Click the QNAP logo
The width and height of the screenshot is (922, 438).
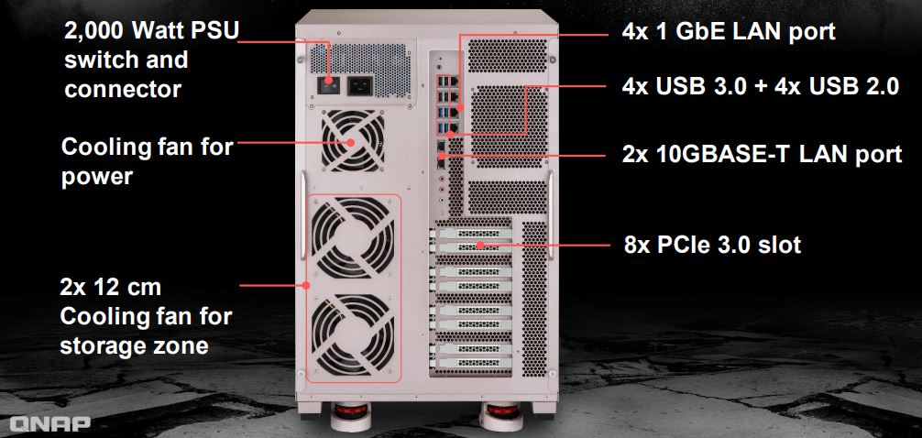50,423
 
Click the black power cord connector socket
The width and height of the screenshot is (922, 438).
360,86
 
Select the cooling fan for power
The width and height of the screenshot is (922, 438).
353,141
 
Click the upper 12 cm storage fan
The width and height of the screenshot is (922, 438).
353,236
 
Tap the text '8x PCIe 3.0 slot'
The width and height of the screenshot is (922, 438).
712,244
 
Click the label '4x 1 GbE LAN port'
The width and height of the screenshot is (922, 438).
728,31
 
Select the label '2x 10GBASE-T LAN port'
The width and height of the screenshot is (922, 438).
762,154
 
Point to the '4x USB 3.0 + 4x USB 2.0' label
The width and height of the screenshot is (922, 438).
761,87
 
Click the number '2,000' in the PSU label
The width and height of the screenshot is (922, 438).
93,32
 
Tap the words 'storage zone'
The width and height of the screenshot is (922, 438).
134,345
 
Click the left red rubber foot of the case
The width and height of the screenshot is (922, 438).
350,410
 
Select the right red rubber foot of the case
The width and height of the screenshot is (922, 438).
504,410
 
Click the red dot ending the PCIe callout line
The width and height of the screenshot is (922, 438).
480,244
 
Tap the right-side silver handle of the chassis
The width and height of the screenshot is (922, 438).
551,215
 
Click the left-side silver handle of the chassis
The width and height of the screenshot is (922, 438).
303,215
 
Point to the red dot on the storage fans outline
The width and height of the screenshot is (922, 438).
306,286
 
